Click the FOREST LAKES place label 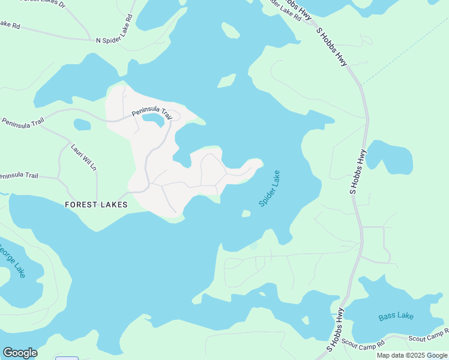[96, 205]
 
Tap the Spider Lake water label [270, 188]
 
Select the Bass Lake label [396, 316]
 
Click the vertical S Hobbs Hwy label [358, 170]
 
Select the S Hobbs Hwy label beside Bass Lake [337, 329]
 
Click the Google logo [20, 353]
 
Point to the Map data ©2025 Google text [412, 355]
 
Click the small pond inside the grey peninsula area [154, 121]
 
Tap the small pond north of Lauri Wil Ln [82, 125]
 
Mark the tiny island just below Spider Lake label [246, 213]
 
